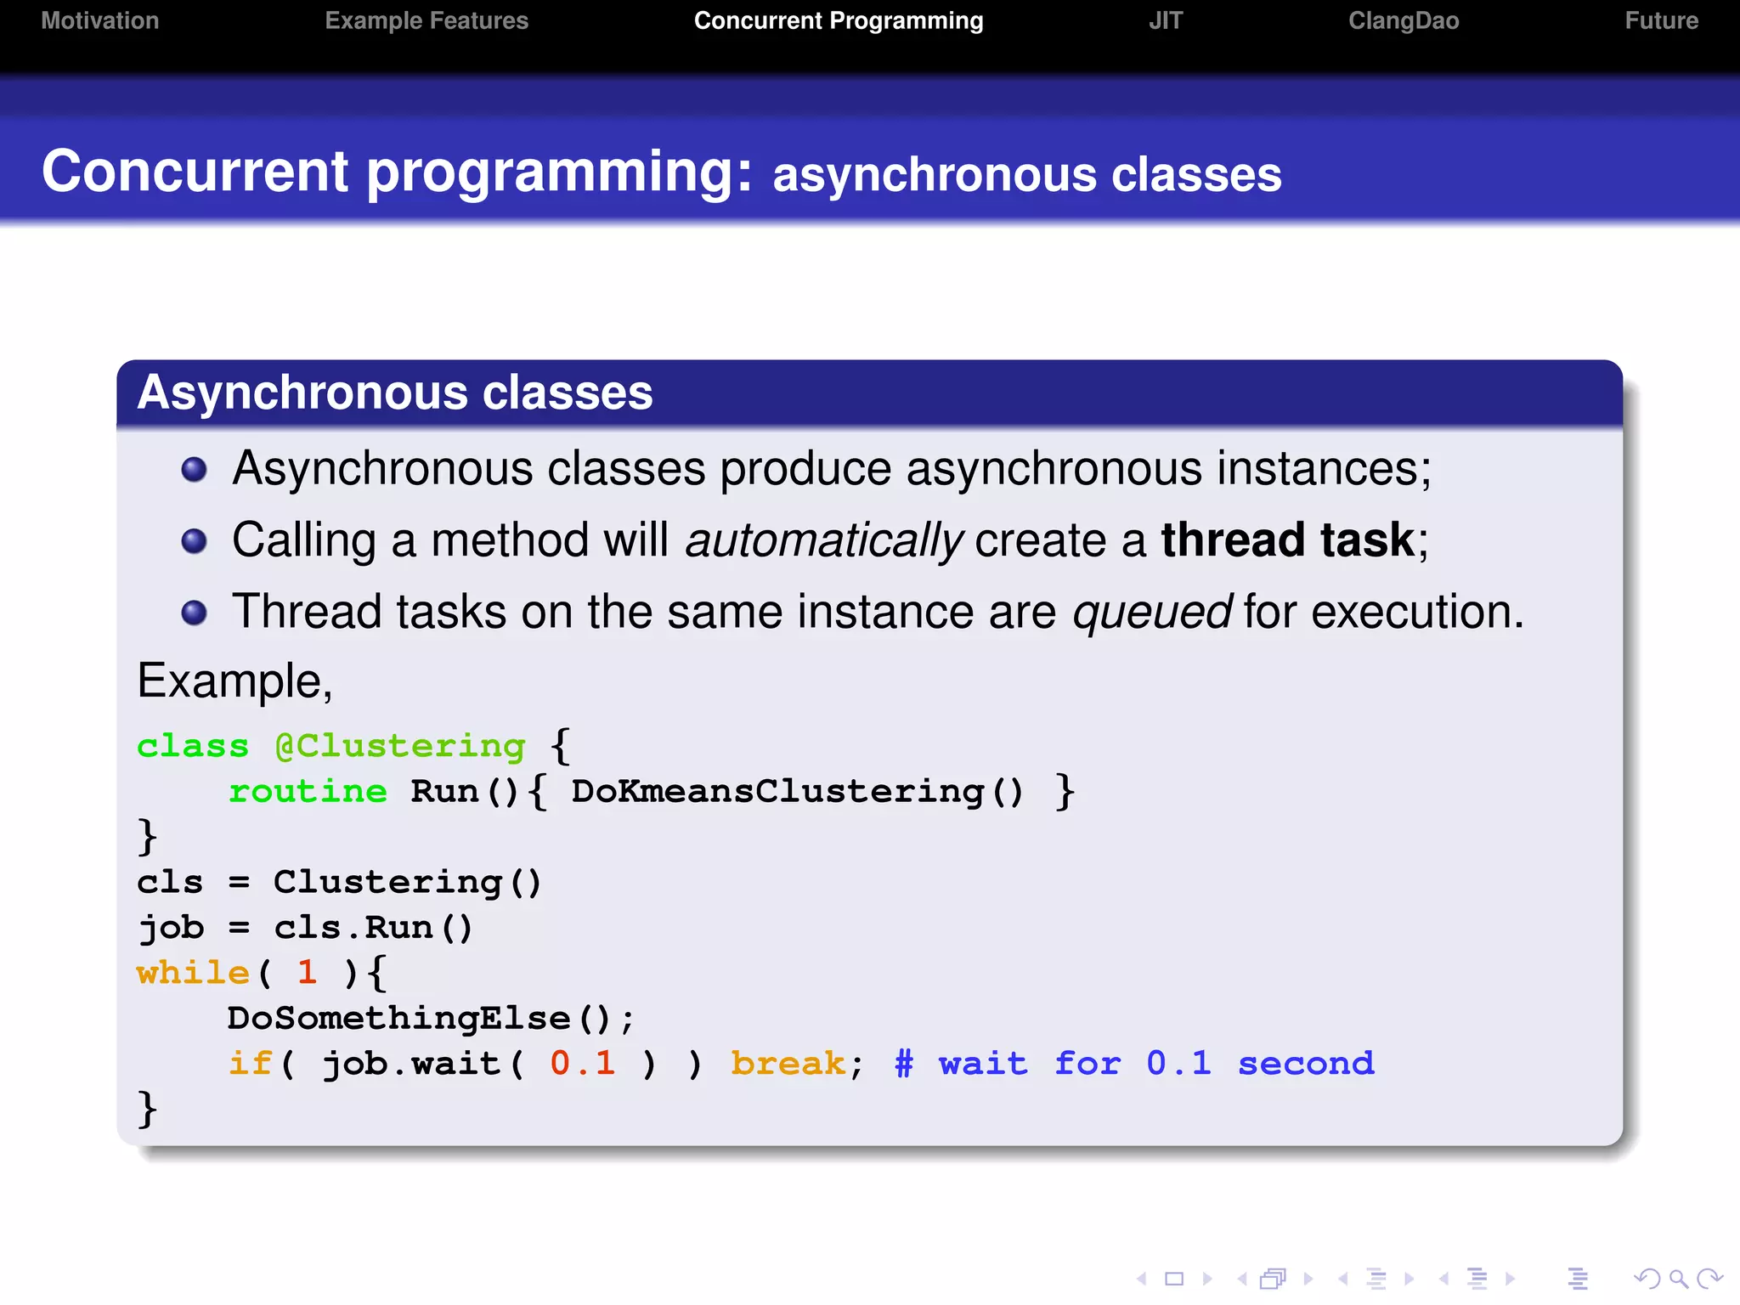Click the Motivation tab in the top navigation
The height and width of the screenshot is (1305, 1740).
click(100, 20)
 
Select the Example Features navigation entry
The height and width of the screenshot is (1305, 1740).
click(427, 20)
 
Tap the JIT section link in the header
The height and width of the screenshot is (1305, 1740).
click(1165, 20)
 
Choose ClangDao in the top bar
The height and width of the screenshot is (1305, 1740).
click(1403, 20)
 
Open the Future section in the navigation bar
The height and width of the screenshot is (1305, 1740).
click(1661, 20)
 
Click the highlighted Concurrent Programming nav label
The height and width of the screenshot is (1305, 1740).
click(838, 20)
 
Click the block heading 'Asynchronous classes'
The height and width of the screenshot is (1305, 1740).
click(395, 393)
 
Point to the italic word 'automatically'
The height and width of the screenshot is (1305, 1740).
click(823, 540)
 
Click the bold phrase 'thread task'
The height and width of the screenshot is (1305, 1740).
click(1287, 540)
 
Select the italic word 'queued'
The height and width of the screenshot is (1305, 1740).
click(1151, 612)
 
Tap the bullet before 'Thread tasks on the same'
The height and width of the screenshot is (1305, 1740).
click(195, 612)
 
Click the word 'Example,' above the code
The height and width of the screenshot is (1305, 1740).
click(234, 681)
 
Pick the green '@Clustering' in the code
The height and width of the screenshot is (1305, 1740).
click(400, 746)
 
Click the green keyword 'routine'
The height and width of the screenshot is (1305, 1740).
click(308, 792)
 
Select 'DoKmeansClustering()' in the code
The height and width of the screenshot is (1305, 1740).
click(797, 792)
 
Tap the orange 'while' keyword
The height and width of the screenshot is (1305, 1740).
click(193, 973)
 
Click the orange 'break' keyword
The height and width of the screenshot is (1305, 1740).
click(788, 1064)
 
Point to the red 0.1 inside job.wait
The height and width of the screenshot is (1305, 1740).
click(583, 1064)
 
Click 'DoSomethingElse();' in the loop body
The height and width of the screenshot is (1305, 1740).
click(430, 1019)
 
